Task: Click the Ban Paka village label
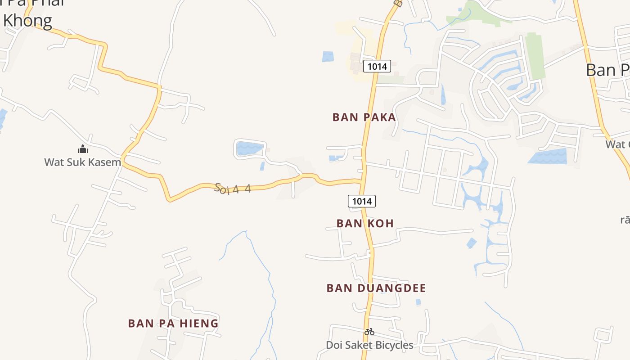pyautogui.click(x=364, y=117)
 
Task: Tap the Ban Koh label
pyautogui.click(x=365, y=223)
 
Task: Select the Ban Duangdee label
pyautogui.click(x=376, y=288)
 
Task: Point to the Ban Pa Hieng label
pyautogui.click(x=173, y=323)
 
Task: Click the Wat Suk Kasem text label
pyautogui.click(x=83, y=162)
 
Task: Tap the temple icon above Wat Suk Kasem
pyautogui.click(x=83, y=149)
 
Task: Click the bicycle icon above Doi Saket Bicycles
pyautogui.click(x=369, y=332)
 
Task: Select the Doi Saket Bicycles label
pyautogui.click(x=369, y=345)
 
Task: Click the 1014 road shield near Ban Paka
pyautogui.click(x=377, y=67)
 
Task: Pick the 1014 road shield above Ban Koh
pyautogui.click(x=362, y=201)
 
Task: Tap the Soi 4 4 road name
pyautogui.click(x=233, y=188)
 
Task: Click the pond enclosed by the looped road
pyautogui.click(x=249, y=148)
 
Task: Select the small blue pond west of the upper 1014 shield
pyautogui.click(x=328, y=57)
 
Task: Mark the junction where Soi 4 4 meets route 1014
pyautogui.click(x=362, y=181)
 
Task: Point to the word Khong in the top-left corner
pyautogui.click(x=28, y=21)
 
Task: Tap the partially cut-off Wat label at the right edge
pyautogui.click(x=617, y=144)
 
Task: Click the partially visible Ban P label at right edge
pyautogui.click(x=607, y=70)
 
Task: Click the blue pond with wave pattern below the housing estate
pyautogui.click(x=549, y=156)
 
